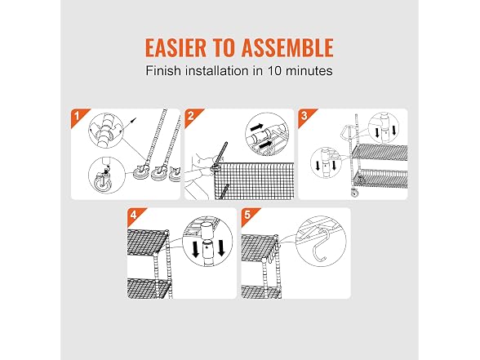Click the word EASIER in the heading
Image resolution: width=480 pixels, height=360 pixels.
click(x=176, y=47)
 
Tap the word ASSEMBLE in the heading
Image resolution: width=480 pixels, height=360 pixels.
click(x=287, y=47)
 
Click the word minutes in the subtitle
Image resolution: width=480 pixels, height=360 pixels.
click(x=309, y=71)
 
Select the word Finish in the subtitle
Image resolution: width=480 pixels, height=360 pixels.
click(x=163, y=71)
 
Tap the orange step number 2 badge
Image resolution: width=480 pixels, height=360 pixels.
click(x=191, y=116)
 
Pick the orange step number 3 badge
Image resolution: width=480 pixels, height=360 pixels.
click(x=304, y=116)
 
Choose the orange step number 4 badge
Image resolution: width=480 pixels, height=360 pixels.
click(x=134, y=216)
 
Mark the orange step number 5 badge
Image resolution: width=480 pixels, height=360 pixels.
click(x=247, y=216)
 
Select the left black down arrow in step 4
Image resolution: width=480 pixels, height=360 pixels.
click(x=194, y=249)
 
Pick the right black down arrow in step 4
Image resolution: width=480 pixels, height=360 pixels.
click(x=221, y=248)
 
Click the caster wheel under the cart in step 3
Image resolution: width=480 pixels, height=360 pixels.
click(x=355, y=193)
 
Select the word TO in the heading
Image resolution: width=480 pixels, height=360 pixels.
click(x=224, y=47)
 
